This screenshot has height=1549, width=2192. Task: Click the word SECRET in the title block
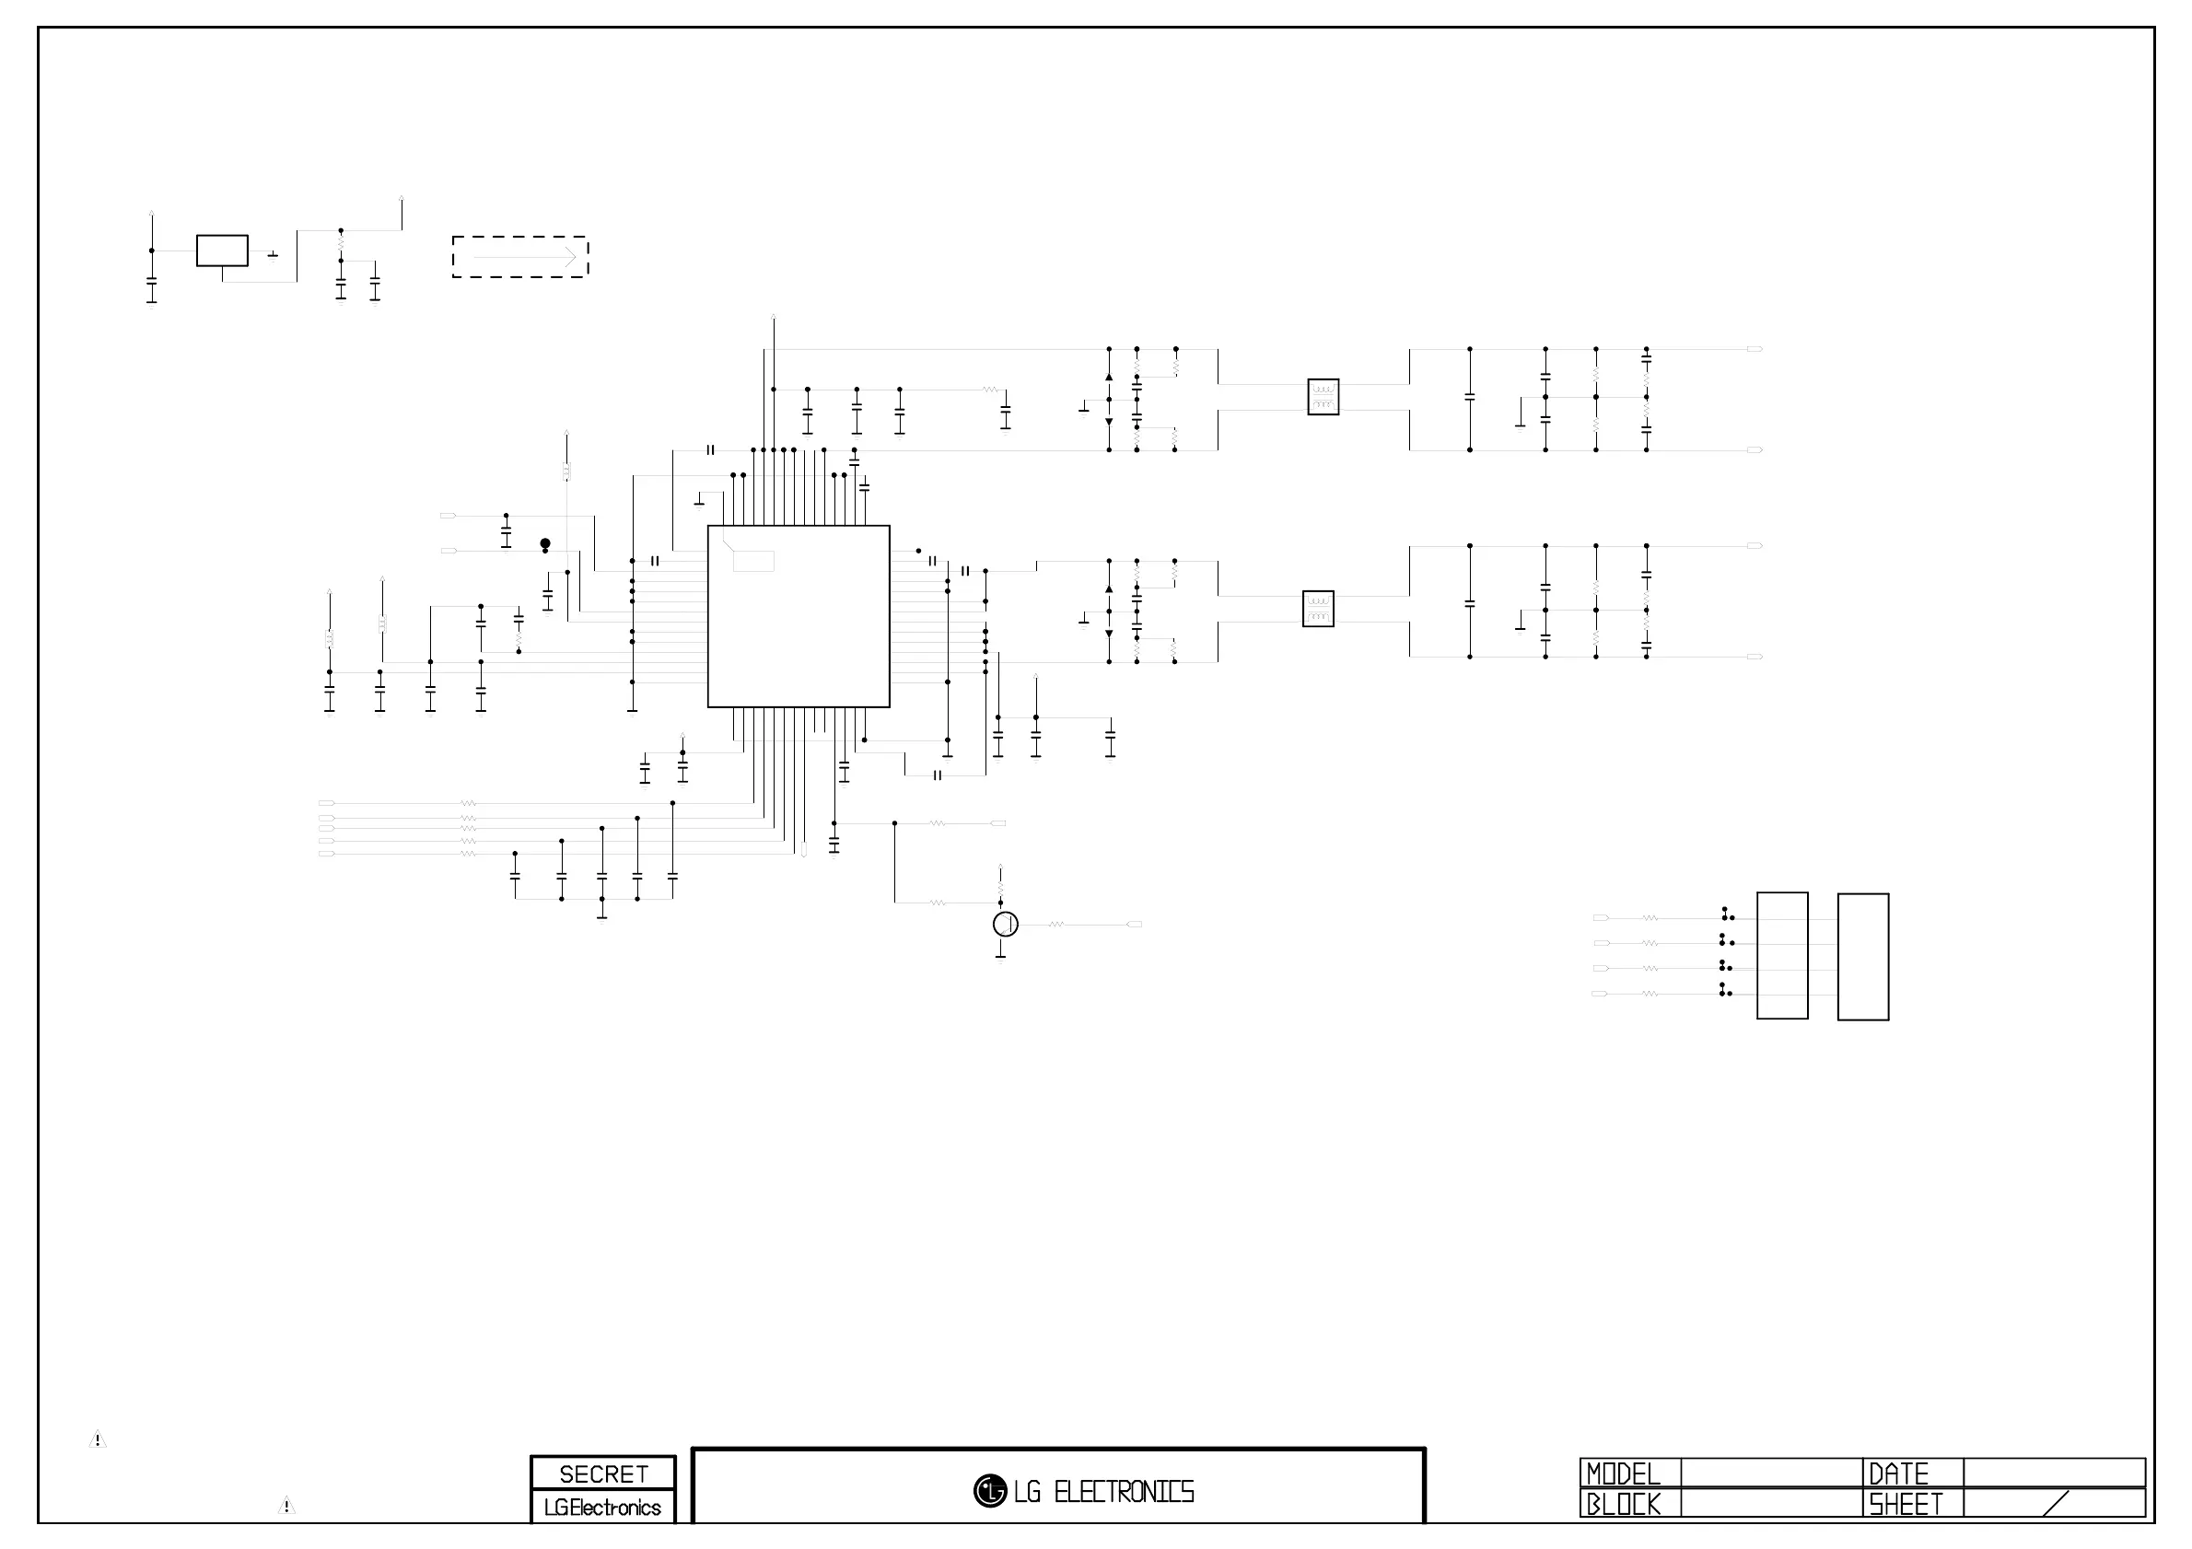603,1474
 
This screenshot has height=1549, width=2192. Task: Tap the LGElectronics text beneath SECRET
602,1508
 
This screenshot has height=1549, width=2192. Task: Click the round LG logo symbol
990,1491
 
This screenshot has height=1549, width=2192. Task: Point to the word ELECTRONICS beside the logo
1124,1492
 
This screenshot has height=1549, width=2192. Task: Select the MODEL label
1623,1474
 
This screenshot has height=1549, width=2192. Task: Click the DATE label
1899,1474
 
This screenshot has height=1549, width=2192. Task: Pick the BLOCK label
1623,1504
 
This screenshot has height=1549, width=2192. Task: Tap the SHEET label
1906,1505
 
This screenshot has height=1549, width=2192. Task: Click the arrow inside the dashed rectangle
524,257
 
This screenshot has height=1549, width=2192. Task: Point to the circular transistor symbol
1006,924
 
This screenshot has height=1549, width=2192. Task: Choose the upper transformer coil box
1323,397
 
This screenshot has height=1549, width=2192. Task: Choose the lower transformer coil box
1317,609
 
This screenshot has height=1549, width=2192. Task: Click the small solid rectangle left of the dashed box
223,251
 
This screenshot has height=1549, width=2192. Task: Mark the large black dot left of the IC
545,543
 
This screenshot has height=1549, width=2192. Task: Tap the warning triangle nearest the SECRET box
286,1506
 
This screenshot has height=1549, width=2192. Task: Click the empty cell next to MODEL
1771,1473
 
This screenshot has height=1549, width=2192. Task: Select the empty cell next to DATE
2054,1473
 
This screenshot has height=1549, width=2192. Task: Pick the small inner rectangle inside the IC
753,561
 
